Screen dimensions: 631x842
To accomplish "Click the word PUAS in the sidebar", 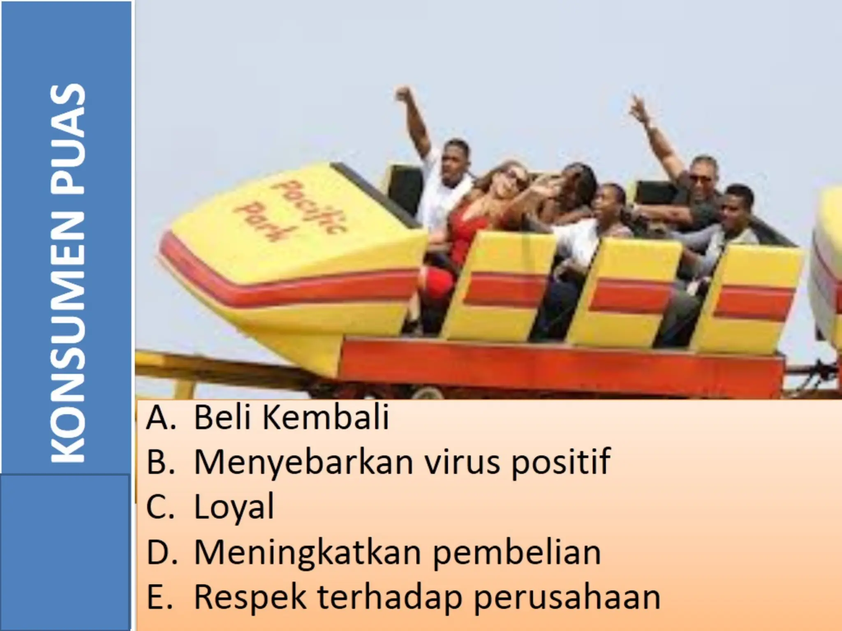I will (68, 140).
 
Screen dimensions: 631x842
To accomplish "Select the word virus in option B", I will (462, 462).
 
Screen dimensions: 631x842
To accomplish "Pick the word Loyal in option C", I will (234, 508).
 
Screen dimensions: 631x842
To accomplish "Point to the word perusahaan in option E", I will (567, 598).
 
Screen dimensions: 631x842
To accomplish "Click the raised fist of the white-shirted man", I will (403, 94).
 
